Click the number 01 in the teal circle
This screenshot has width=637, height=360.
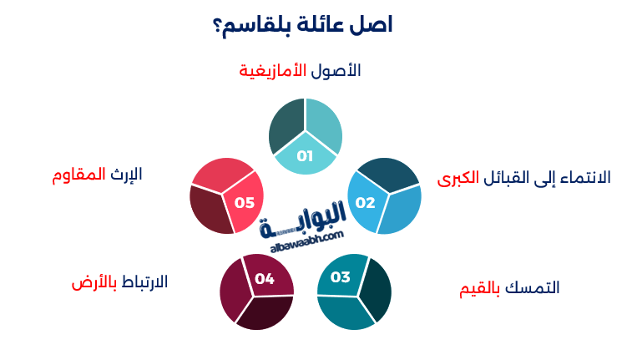pyautogui.click(x=305, y=156)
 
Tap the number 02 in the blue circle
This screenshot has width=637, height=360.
pyautogui.click(x=366, y=202)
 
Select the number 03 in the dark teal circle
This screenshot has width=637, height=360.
pyautogui.click(x=341, y=277)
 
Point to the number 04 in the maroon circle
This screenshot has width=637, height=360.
pyautogui.click(x=265, y=279)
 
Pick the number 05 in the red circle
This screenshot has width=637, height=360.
pyautogui.click(x=245, y=202)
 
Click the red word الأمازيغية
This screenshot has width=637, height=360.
pyautogui.click(x=273, y=70)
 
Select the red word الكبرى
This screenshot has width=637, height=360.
pyautogui.click(x=458, y=178)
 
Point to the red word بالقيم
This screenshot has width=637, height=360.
pyautogui.click(x=483, y=288)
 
